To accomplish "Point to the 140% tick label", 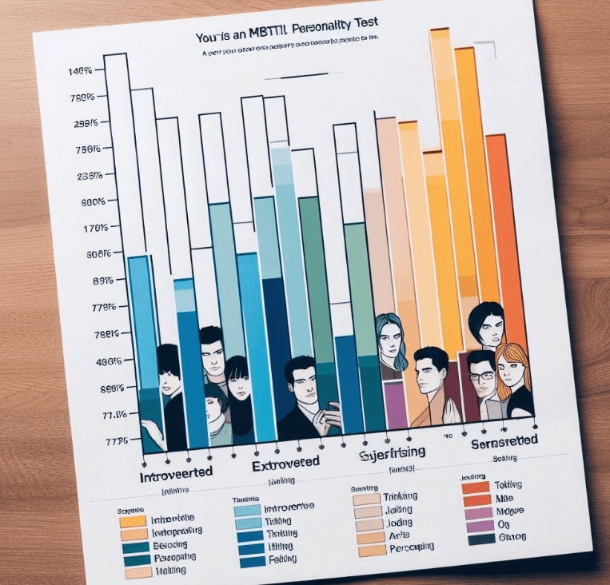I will coord(80,71).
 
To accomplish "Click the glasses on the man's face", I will coord(480,375).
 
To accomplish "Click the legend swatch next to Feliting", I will coord(252,562).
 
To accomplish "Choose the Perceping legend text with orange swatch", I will coord(408,547).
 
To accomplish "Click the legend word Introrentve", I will coord(288,507).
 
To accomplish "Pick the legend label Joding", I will coord(398,523).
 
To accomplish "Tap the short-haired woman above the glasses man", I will coord(485,324).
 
